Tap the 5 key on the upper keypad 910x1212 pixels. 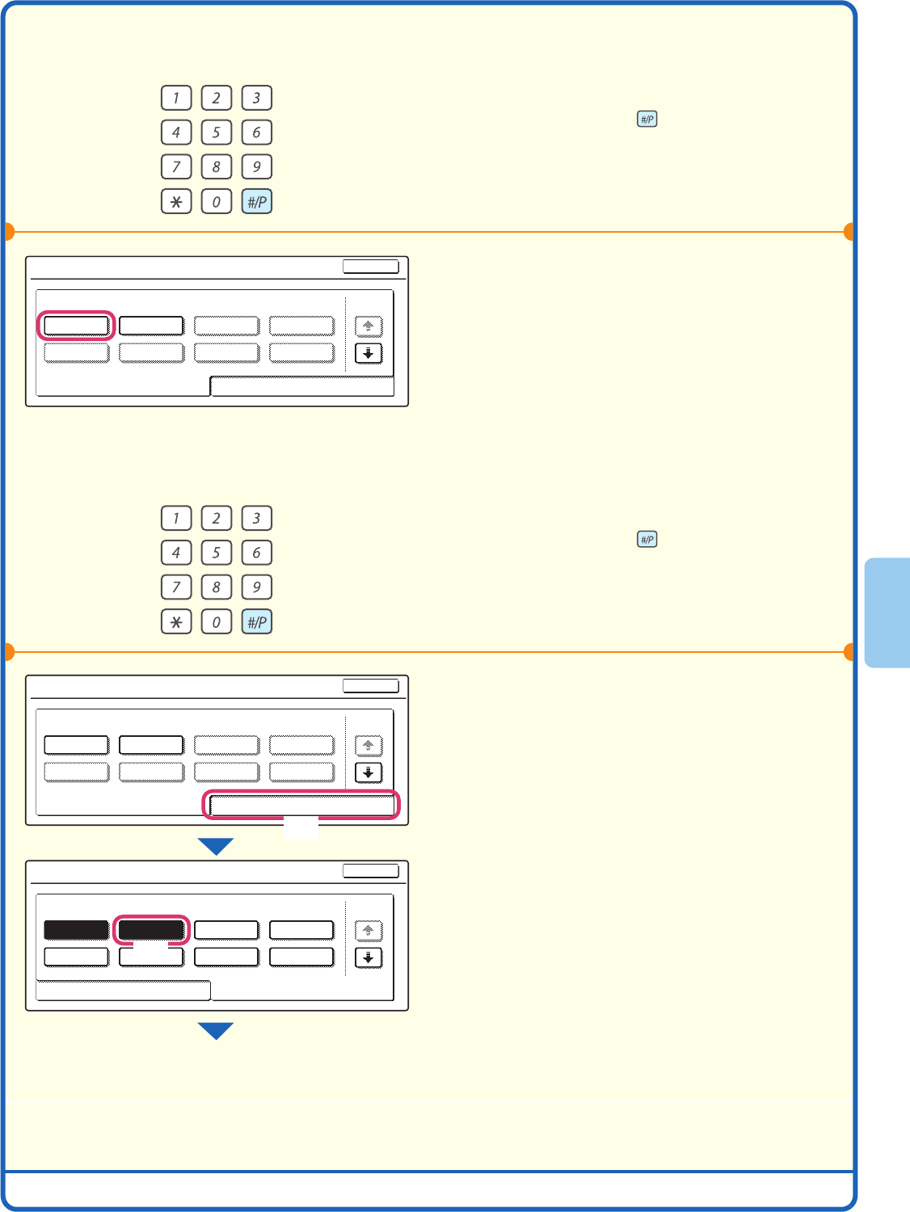pyautogui.click(x=216, y=133)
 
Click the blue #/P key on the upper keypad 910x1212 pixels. pyautogui.click(x=256, y=201)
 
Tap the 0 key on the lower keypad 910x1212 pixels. pyautogui.click(x=216, y=622)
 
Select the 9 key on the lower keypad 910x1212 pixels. pyautogui.click(x=256, y=587)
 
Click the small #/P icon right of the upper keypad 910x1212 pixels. pyautogui.click(x=647, y=120)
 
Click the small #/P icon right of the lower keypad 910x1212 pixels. pyautogui.click(x=647, y=540)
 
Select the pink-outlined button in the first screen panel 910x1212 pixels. pyautogui.click(x=76, y=326)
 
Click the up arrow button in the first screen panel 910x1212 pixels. pyautogui.click(x=369, y=326)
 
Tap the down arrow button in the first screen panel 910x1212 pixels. pyautogui.click(x=369, y=353)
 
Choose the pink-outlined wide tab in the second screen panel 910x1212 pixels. pyautogui.click(x=301, y=805)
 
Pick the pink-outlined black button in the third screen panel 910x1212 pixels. pyautogui.click(x=151, y=930)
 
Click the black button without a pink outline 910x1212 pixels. pyautogui.click(x=76, y=930)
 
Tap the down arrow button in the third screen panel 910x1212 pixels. pyautogui.click(x=369, y=957)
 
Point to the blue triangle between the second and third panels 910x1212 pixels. pyautogui.click(x=216, y=845)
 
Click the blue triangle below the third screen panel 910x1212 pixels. pyautogui.click(x=216, y=1029)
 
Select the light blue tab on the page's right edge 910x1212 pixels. pyautogui.click(x=887, y=612)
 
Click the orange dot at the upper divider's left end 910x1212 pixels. pyautogui.click(x=8, y=232)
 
